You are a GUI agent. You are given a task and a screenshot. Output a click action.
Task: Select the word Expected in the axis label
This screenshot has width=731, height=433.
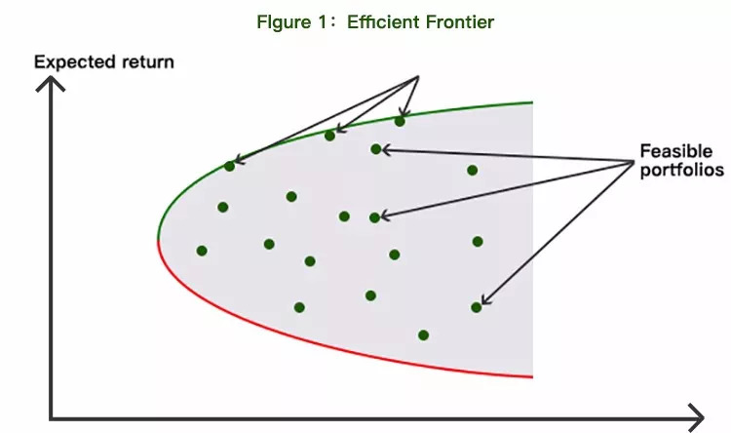[x=69, y=62]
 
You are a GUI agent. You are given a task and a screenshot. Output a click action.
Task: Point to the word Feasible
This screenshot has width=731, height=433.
[x=675, y=151]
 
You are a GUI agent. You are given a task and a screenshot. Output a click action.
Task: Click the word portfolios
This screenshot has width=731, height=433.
[x=681, y=170]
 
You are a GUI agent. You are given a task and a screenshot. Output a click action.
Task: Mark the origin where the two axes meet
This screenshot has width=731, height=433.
[x=50, y=418]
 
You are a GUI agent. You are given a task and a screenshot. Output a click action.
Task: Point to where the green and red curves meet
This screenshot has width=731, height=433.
[x=157, y=238]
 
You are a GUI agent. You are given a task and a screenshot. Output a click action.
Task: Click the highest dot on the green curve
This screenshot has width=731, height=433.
[x=400, y=121]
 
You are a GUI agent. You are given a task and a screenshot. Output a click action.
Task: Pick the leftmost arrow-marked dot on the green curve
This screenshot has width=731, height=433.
[x=229, y=166]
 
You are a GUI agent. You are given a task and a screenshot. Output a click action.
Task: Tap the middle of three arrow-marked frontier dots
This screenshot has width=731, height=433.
[x=329, y=136]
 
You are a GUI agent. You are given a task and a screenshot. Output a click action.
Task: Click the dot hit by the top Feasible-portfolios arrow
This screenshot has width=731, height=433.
[x=376, y=149]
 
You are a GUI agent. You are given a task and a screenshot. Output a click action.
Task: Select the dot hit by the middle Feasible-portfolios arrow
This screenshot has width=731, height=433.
[x=375, y=217]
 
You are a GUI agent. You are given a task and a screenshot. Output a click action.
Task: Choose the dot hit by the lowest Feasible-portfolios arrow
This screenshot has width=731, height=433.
[x=477, y=307]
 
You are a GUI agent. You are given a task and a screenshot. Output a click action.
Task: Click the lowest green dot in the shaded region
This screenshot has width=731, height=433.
[x=423, y=335]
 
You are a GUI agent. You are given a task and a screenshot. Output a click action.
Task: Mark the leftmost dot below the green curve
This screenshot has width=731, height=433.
[x=202, y=251]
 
